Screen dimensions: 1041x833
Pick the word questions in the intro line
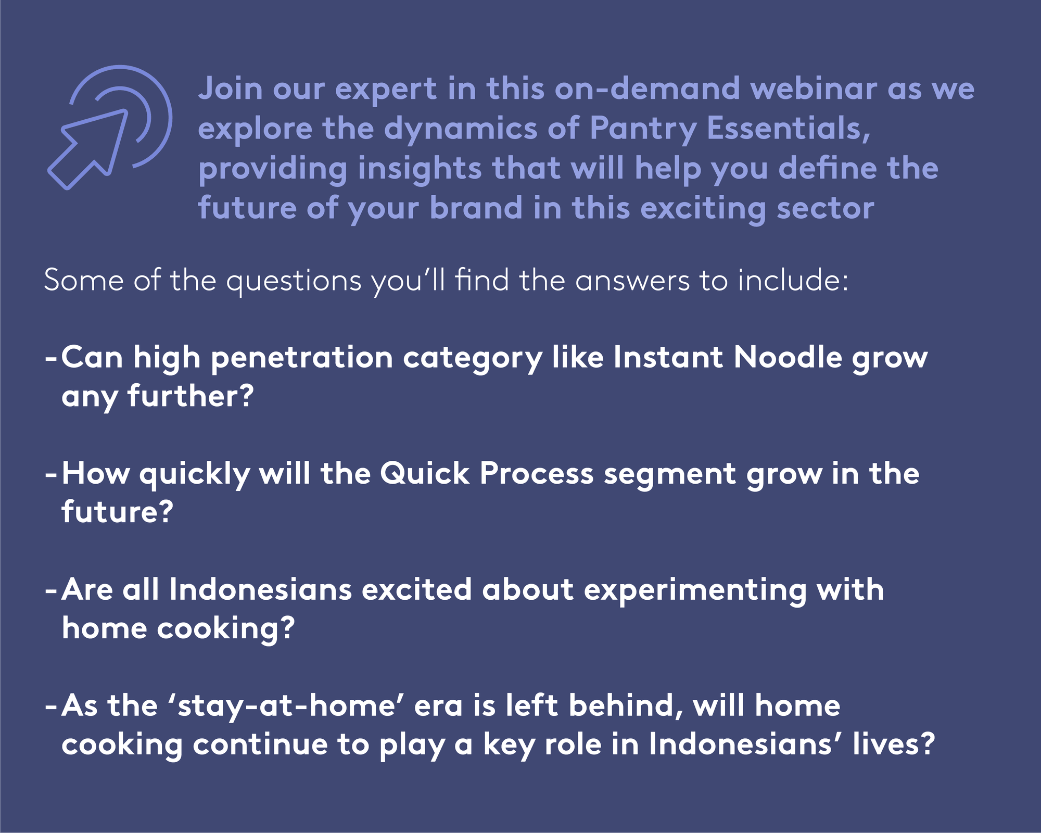[294, 282]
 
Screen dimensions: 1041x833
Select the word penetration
[301, 358]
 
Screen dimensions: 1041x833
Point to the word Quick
[424, 474]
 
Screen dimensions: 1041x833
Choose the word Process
[536, 474]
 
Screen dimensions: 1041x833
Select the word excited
[416, 590]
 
